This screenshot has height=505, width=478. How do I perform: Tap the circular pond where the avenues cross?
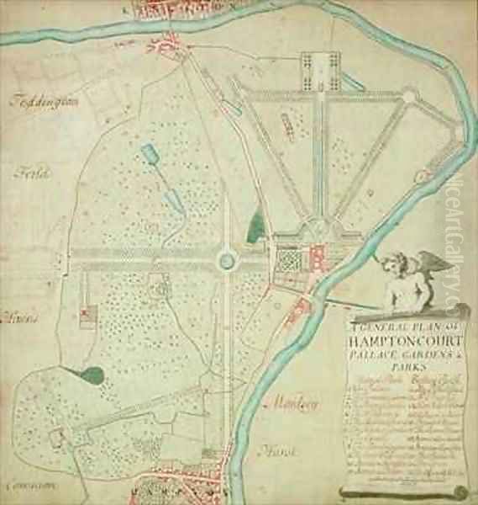226,261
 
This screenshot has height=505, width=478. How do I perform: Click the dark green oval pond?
91,375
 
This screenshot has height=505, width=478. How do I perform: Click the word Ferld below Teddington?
33,173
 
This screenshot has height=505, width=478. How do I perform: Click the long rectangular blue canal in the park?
151,156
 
